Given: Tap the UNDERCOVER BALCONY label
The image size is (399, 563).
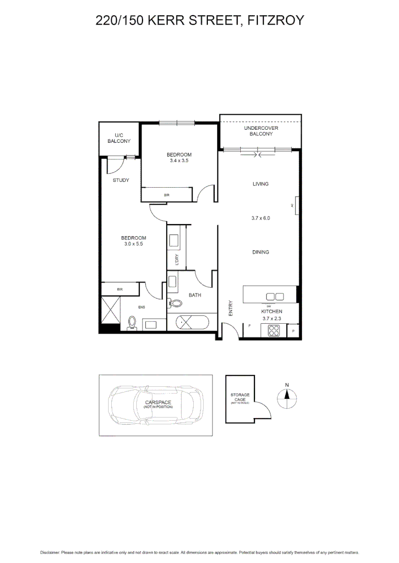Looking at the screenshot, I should (x=261, y=131).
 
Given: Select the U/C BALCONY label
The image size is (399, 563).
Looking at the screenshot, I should (x=119, y=138).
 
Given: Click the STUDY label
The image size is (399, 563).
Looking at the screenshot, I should (x=121, y=180).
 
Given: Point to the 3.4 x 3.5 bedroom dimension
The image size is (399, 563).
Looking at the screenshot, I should (x=179, y=161).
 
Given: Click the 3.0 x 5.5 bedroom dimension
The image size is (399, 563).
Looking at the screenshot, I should (x=135, y=244).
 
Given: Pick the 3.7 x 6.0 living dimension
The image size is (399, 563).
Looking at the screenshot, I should (x=260, y=218).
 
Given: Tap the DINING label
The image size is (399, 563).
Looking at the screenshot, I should (x=260, y=252).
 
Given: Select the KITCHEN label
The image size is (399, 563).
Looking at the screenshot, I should (x=271, y=311).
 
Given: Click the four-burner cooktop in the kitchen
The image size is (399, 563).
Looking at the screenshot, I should (x=274, y=330).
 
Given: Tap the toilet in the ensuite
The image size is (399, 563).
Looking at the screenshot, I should (x=132, y=323).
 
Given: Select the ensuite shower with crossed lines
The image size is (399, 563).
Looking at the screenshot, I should (x=110, y=309).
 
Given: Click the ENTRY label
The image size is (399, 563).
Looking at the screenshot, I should (x=230, y=308).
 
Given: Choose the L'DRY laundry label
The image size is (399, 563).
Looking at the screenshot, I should (x=177, y=260).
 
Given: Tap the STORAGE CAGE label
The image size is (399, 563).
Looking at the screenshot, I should (x=240, y=397).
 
